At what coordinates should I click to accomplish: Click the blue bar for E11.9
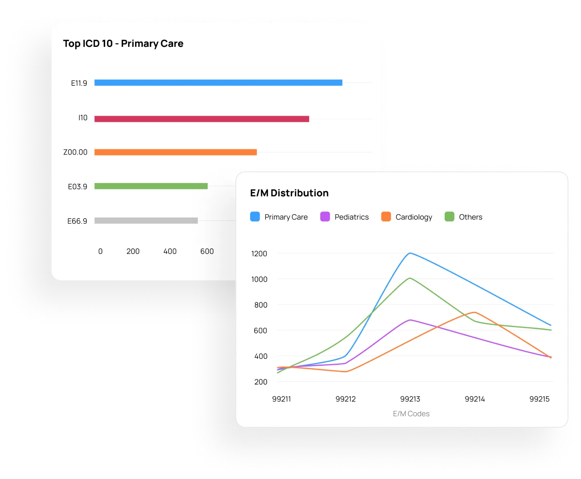218,83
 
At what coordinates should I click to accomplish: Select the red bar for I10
202,119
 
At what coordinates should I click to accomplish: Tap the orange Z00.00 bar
176,152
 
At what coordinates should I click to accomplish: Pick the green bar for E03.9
151,186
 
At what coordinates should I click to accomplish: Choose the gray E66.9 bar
146,221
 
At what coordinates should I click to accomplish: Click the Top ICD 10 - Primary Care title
123,44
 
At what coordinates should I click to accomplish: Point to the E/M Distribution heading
289,193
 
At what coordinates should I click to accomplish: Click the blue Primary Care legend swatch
255,217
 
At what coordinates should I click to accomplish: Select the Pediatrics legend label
351,217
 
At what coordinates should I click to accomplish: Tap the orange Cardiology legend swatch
386,217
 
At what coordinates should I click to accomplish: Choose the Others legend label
470,217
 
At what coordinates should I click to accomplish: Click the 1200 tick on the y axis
259,254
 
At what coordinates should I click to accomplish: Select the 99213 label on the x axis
410,399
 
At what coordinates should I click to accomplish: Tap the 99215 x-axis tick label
539,399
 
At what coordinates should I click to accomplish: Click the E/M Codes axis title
411,414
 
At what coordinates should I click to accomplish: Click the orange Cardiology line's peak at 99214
475,312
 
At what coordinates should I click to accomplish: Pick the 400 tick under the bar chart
170,251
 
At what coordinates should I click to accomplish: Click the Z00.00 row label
75,152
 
